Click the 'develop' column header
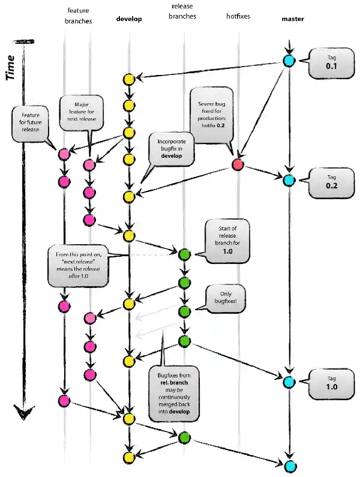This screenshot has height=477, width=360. coord(128,19)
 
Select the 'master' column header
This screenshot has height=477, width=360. coord(292,19)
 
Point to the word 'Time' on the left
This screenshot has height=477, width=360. coord(11,67)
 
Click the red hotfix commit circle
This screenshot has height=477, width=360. coord(238,164)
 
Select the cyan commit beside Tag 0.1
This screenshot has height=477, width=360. coord(289,61)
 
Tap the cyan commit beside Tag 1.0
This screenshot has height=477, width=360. coord(289,382)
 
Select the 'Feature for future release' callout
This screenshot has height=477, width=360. coord(34,123)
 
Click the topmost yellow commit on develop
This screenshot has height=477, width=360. coord(128,79)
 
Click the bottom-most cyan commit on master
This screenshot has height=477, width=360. coord(290,466)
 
